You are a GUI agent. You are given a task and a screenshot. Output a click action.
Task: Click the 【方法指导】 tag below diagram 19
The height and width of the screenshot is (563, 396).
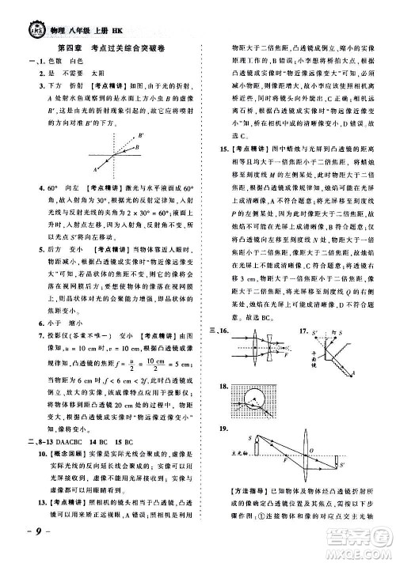(230, 514)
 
